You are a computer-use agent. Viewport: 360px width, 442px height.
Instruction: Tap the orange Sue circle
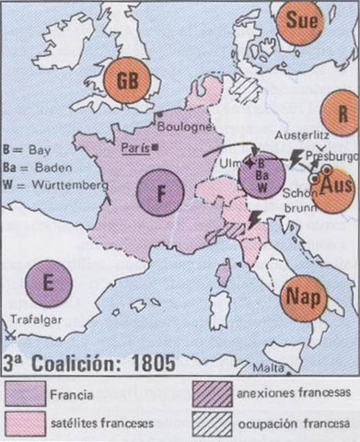(299, 21)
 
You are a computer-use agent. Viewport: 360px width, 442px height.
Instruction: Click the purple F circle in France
(161, 192)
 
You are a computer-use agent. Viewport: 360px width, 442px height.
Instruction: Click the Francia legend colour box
(26, 394)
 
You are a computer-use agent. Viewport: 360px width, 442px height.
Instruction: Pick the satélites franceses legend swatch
(26, 425)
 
